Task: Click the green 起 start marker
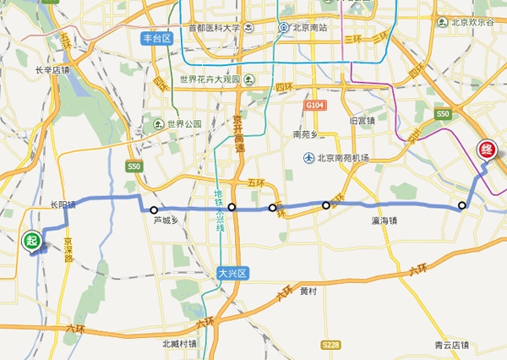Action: [32, 242]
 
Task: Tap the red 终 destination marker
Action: [487, 150]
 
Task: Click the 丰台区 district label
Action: [156, 37]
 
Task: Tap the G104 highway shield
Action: [314, 105]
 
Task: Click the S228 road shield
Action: [330, 345]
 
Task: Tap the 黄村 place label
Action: [309, 291]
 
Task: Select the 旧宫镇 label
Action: [363, 121]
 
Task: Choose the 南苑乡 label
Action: [308, 134]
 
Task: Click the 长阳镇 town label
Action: [62, 205]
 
